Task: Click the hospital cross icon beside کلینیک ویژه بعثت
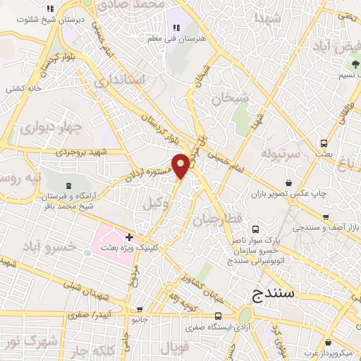pyautogui.click(x=130, y=236)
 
